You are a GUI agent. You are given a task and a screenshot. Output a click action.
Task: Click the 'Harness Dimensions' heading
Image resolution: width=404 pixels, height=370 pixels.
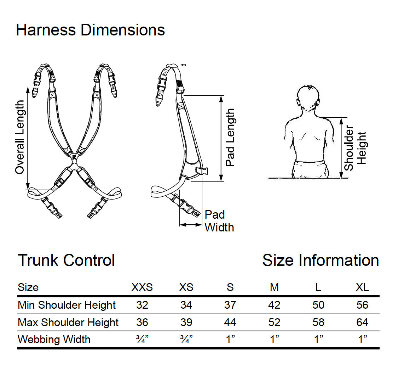[90, 30]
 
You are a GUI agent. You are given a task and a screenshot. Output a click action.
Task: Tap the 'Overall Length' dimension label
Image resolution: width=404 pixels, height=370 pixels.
[20, 138]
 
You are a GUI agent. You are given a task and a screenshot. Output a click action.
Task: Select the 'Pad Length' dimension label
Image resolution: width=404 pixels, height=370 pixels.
[230, 138]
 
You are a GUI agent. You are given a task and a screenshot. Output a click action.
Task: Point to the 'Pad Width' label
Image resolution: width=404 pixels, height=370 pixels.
[219, 221]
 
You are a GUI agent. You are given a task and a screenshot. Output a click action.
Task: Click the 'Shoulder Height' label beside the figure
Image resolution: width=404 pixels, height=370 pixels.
[355, 148]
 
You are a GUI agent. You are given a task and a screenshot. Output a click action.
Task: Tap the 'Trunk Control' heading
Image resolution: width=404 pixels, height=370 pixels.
[66, 260]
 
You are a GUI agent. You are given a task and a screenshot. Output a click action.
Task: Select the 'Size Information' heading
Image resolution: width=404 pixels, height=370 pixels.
[321, 260]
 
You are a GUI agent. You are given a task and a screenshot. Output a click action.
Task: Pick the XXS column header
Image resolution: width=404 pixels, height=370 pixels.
[142, 287]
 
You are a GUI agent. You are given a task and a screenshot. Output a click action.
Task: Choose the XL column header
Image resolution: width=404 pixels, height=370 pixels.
[362, 287]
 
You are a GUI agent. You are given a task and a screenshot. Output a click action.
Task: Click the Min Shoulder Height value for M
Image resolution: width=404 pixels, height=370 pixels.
[274, 305]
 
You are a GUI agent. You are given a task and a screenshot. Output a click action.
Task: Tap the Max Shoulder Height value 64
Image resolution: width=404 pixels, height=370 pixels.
[362, 323]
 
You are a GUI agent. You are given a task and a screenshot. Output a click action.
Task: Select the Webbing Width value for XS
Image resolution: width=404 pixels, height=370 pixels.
[186, 340]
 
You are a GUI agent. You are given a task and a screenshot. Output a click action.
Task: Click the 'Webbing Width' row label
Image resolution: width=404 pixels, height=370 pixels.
[54, 340]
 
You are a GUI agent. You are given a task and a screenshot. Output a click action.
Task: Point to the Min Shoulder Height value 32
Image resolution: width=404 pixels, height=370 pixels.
[142, 305]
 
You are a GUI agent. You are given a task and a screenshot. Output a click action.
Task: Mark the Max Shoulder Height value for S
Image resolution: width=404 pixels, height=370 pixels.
[230, 323]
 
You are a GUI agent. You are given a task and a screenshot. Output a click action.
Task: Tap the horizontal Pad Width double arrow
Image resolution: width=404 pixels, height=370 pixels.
[191, 224]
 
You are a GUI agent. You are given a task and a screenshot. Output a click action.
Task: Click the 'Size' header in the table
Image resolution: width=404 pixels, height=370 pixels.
[28, 287]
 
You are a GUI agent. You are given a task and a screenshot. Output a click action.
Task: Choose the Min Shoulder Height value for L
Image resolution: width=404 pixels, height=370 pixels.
[318, 305]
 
